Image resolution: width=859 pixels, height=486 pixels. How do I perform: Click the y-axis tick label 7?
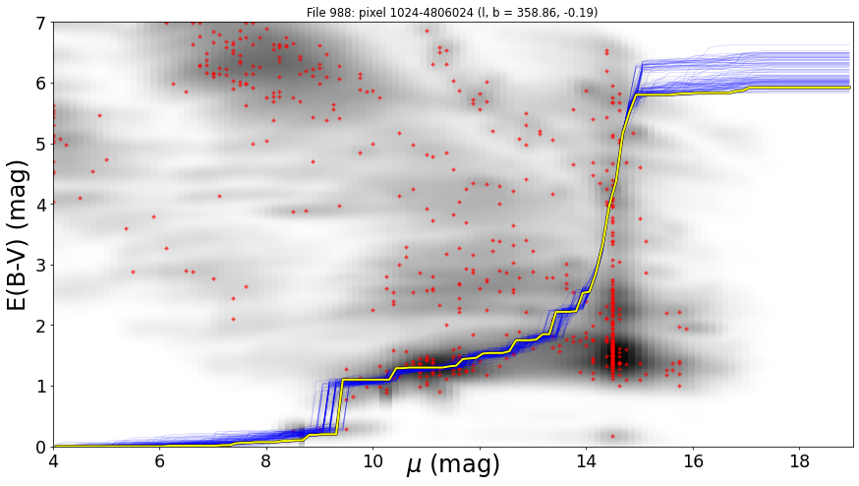click(x=42, y=23)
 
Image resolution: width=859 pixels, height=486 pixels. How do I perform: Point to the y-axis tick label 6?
click(x=42, y=84)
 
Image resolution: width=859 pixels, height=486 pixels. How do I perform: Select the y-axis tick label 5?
click(x=42, y=145)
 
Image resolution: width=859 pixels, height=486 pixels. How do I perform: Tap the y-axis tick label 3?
click(x=42, y=266)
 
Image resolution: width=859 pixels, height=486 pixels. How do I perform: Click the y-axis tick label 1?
click(x=42, y=387)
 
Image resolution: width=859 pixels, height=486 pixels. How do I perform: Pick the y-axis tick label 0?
click(x=42, y=447)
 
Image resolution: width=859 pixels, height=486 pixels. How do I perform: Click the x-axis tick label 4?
click(x=53, y=461)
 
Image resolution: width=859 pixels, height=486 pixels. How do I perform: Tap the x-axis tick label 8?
click(x=266, y=461)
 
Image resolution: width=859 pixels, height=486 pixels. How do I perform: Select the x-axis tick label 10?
click(x=373, y=461)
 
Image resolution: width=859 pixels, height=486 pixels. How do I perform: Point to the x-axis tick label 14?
click(x=586, y=461)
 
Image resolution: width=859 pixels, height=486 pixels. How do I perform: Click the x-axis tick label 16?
click(x=693, y=461)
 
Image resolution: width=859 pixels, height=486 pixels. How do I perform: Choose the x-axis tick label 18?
click(x=800, y=461)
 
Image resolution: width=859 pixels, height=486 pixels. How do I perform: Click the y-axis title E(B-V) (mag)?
click(x=18, y=235)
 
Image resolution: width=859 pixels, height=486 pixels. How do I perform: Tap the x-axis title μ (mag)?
click(x=453, y=464)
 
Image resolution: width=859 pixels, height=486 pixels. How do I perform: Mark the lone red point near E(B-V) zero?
click(x=612, y=436)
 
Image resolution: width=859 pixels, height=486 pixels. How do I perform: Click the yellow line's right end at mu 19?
click(x=850, y=88)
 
